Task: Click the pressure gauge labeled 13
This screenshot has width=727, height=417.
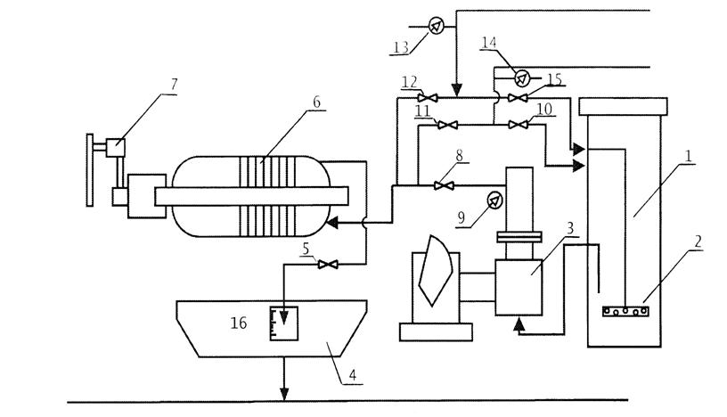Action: (436, 26)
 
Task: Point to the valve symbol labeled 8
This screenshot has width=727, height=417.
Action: (437, 185)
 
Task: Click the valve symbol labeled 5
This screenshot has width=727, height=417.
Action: (327, 264)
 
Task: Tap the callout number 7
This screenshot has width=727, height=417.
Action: (173, 85)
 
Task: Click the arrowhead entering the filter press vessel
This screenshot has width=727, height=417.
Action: (331, 224)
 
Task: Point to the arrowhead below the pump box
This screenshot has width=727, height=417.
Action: (519, 327)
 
